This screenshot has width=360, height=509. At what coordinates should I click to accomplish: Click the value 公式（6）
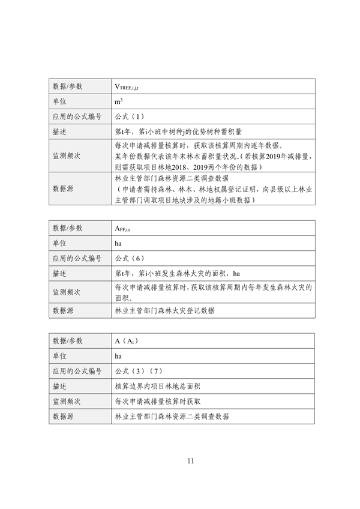pyautogui.click(x=128, y=258)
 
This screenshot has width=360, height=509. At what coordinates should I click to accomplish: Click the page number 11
pyautogui.click(x=191, y=461)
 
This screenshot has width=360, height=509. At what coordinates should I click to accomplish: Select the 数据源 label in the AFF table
pyautogui.click(x=63, y=311)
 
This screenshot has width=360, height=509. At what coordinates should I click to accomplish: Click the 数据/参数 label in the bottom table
pyautogui.click(x=68, y=342)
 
